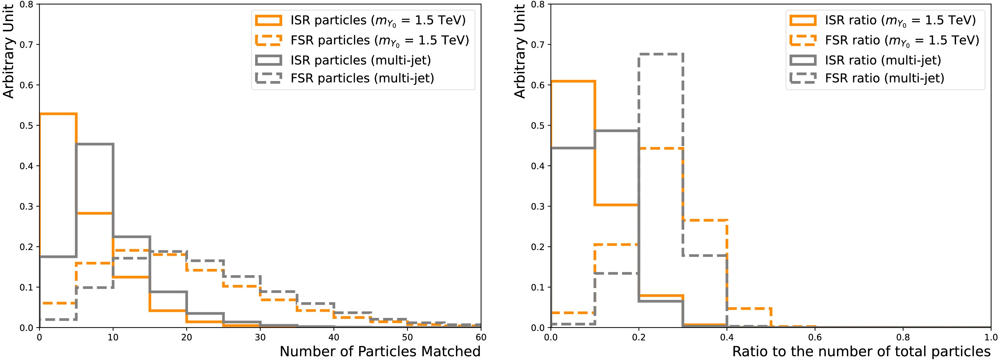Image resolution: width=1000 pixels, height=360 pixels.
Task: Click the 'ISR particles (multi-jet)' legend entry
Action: [361, 60]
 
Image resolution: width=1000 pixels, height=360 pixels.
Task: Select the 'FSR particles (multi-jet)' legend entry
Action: [362, 78]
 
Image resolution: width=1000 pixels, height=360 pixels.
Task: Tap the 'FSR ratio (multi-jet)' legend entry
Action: [884, 78]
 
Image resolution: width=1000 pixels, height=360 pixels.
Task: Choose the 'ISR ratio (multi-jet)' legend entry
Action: [883, 60]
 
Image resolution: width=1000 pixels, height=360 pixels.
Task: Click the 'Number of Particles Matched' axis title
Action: [380, 351]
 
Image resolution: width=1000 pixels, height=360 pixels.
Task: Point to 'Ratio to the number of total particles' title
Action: [861, 351]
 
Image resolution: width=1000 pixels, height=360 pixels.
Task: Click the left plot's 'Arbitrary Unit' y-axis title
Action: [8, 51]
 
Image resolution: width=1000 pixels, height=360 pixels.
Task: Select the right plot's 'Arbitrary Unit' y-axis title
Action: [519, 51]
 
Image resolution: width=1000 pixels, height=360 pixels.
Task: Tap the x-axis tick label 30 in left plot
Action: [260, 337]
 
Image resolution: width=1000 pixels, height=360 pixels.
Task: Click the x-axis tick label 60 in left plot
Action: [481, 337]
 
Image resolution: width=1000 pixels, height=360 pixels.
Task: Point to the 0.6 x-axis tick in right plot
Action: [815, 337]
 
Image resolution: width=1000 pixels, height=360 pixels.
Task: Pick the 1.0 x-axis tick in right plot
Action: [991, 337]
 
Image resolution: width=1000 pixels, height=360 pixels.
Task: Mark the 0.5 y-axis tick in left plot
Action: [26, 125]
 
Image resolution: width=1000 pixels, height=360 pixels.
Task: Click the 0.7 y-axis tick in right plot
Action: [538, 45]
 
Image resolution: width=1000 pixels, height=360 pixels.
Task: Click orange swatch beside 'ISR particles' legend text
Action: [268, 20]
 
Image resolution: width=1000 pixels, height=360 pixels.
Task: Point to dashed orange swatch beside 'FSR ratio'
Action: [803, 41]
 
